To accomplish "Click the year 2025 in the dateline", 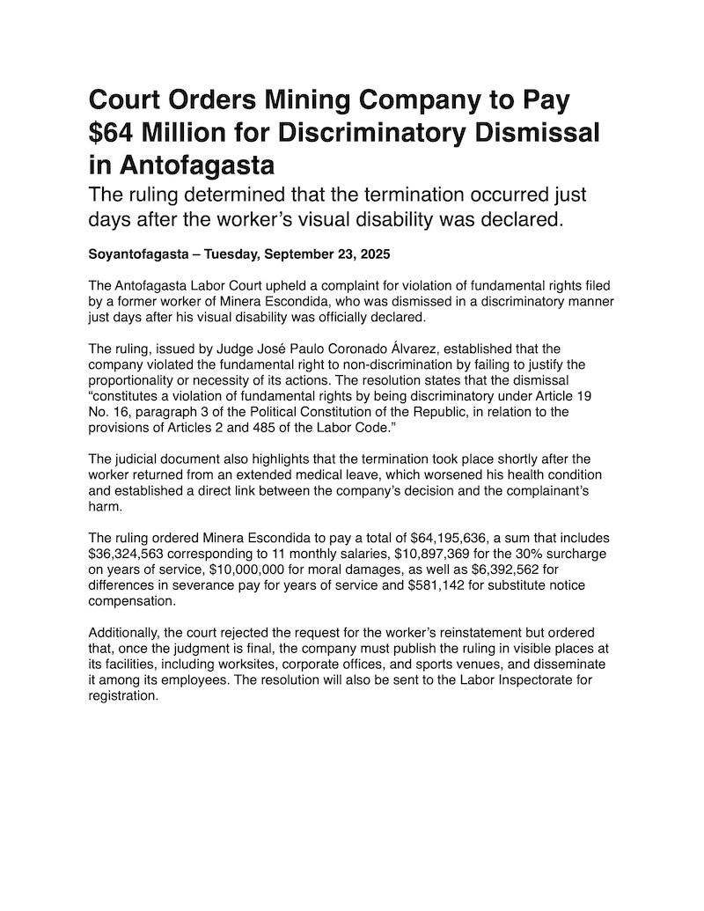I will coord(372,254).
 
